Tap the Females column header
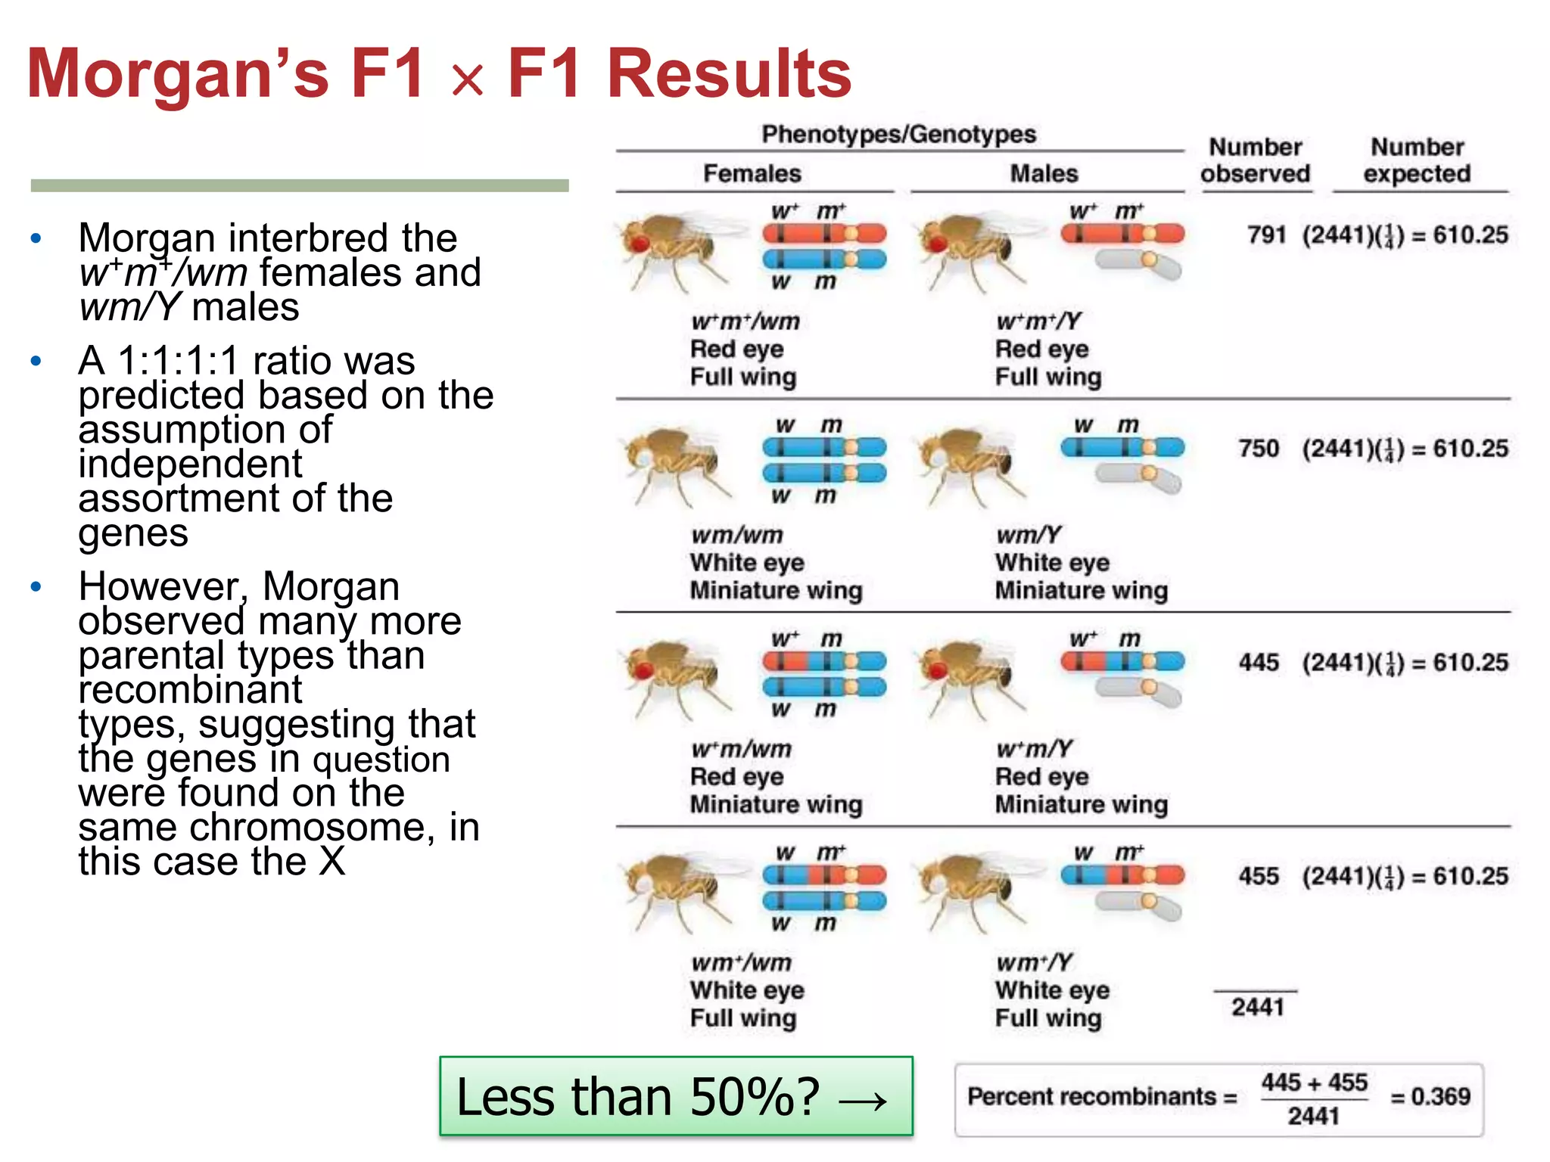pos(752,173)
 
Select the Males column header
pos(1044,173)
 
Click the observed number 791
pos(1266,235)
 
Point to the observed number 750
pos(1259,449)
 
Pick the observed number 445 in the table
pos(1259,663)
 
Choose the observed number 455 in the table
pos(1259,876)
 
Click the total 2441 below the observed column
pos(1257,1007)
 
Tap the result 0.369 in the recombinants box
pos(1440,1096)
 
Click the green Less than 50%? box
pos(676,1096)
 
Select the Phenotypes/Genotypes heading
pos(898,134)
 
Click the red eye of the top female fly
pos(640,243)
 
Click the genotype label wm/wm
pos(736,535)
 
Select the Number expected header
pos(1417,160)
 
